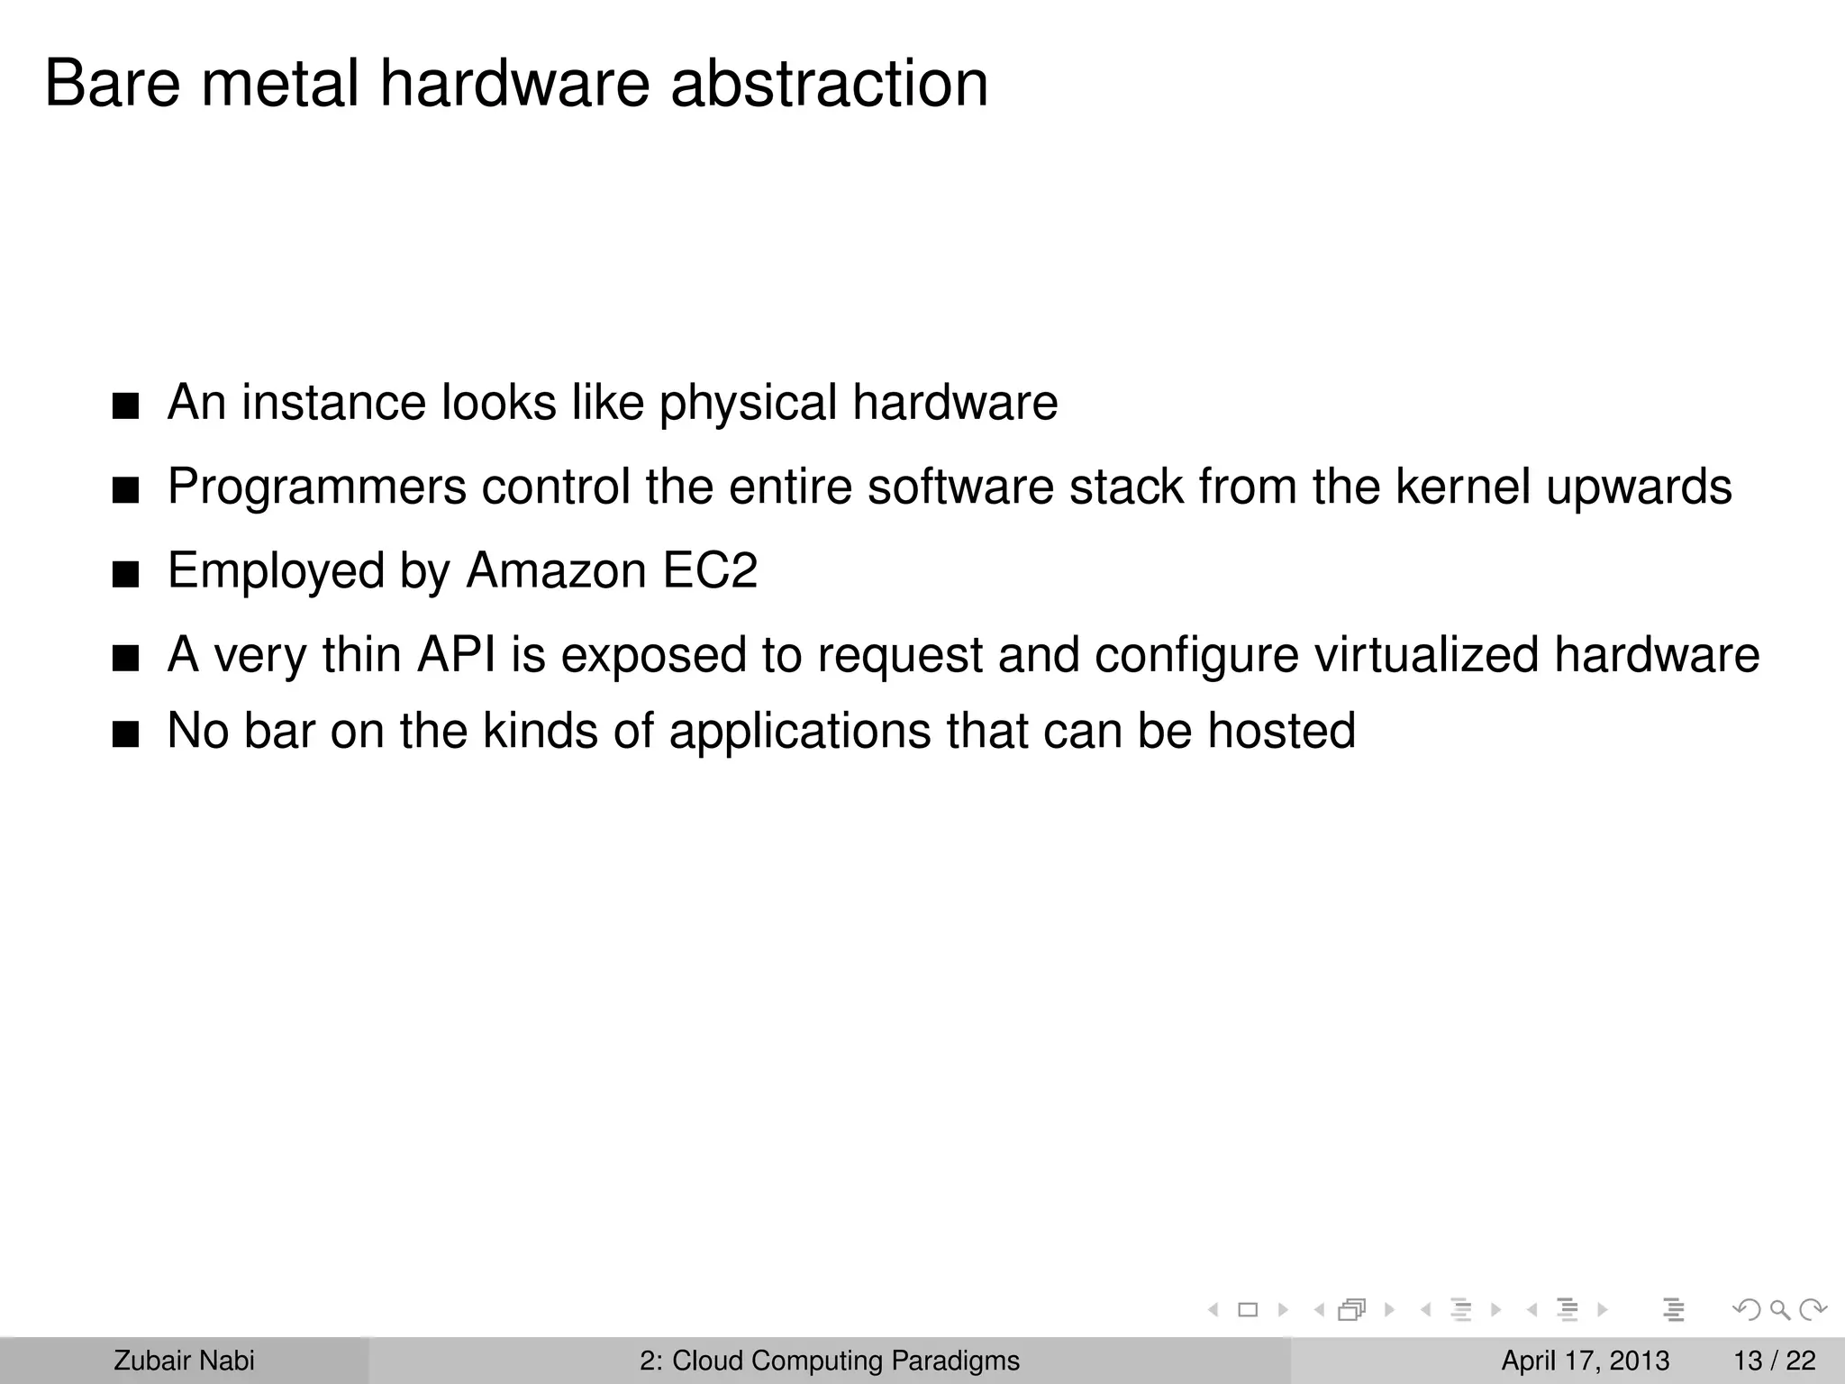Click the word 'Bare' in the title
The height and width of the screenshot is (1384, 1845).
coord(113,84)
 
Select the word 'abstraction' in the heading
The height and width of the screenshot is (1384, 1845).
coord(829,84)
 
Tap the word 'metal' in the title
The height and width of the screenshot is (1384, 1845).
coord(279,84)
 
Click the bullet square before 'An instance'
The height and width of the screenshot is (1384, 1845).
coord(126,406)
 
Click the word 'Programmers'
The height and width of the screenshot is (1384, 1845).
coord(317,487)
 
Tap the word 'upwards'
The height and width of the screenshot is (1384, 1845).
coord(1639,487)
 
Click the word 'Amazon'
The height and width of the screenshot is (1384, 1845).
coord(556,570)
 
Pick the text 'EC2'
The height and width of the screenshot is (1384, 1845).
coord(710,570)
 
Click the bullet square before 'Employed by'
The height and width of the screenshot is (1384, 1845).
coord(126,575)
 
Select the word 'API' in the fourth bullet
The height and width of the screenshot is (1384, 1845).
coord(456,654)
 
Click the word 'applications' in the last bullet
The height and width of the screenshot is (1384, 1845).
coord(800,731)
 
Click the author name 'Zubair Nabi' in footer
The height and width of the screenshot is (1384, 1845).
coord(184,1361)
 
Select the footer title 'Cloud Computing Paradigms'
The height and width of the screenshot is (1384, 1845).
coord(845,1361)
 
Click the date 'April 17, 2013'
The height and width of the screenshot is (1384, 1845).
coord(1585,1361)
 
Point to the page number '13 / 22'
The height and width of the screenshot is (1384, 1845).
coord(1774,1361)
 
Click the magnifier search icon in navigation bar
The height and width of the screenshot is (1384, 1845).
coord(1779,1309)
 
